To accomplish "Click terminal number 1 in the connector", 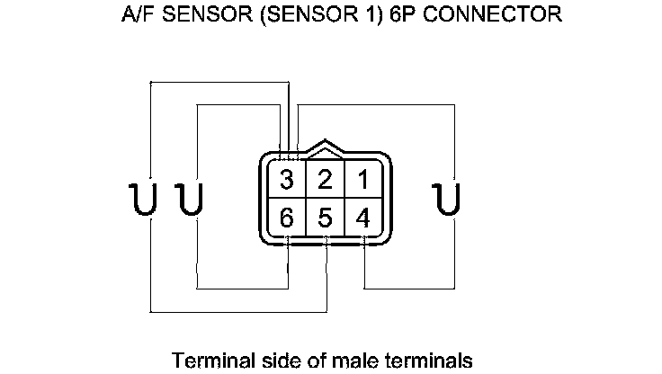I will click(x=362, y=180).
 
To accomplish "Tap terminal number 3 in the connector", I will click(x=287, y=180).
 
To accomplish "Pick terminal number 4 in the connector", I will click(x=362, y=218).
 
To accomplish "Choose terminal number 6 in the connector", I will click(x=287, y=218).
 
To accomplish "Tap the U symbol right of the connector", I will click(x=444, y=199).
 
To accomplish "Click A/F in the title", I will click(x=136, y=16).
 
